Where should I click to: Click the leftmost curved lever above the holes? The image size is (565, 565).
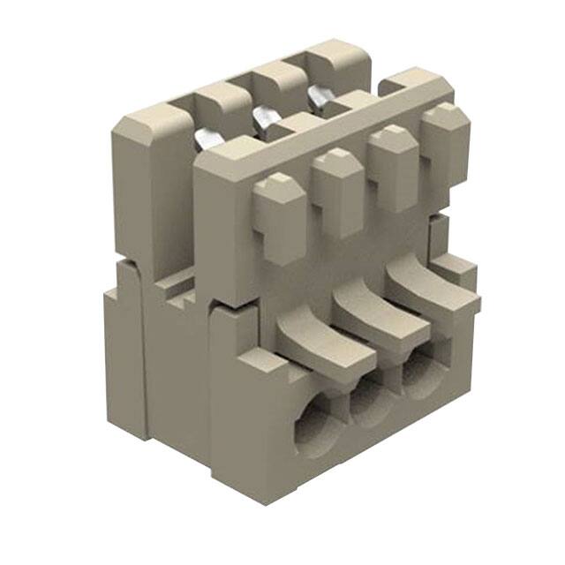[320, 341]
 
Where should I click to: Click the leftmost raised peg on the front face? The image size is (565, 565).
[281, 217]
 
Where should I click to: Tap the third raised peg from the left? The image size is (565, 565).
[392, 167]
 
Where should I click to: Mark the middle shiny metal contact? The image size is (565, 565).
[265, 117]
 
